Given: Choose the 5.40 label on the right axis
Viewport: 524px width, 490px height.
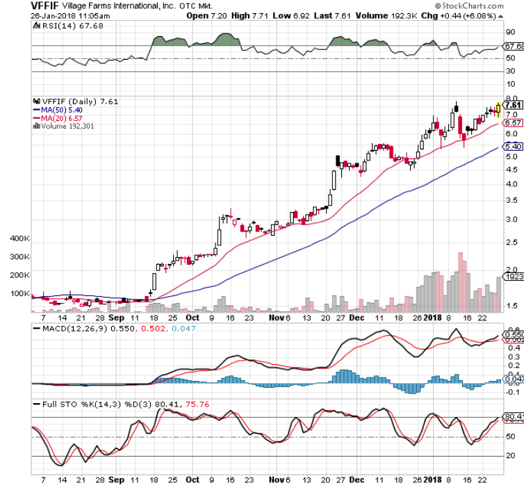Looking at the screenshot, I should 513,147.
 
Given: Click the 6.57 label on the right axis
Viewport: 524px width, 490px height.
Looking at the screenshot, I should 513,122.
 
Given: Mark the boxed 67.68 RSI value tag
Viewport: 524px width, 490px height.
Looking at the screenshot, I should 514,47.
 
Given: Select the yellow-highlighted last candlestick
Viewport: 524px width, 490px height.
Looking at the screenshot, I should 498,108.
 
